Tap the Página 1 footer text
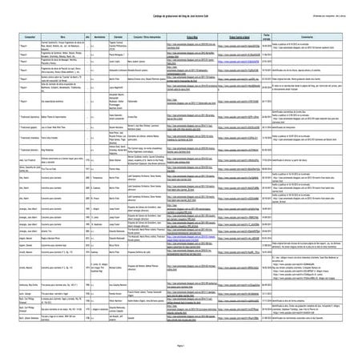point(181,341)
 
